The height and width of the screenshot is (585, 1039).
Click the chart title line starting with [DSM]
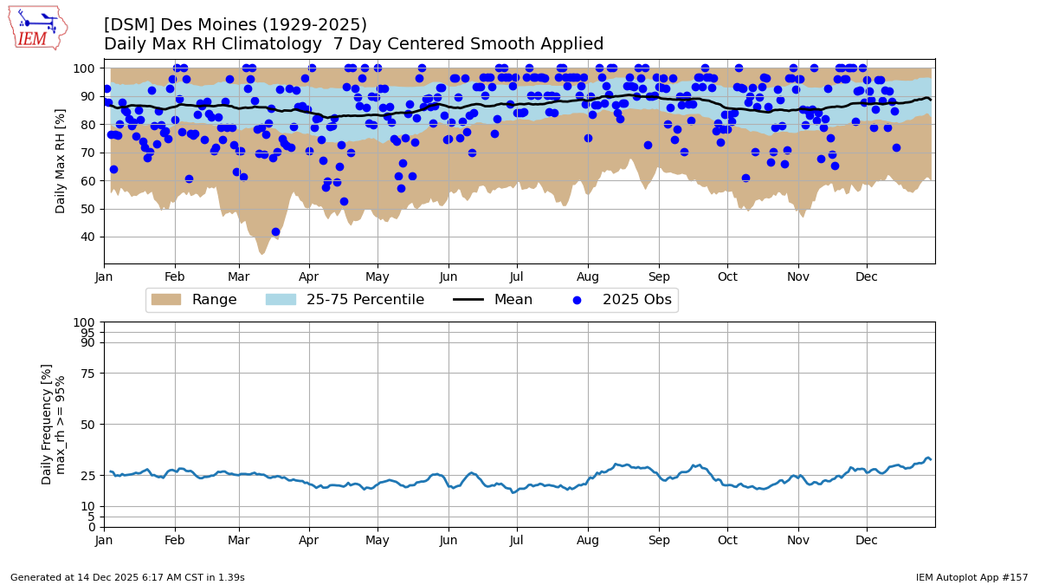(236, 25)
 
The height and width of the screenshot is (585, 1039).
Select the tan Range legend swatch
(165, 300)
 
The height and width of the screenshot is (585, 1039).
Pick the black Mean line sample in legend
(468, 300)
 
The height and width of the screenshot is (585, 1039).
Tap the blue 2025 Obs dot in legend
(577, 300)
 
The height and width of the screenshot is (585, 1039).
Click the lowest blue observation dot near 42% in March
(275, 231)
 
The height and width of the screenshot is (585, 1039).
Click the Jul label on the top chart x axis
(516, 277)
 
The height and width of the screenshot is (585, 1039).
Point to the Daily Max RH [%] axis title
(61, 161)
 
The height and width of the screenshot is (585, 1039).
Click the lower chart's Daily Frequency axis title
(54, 424)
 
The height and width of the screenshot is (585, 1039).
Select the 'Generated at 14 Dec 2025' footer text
(127, 577)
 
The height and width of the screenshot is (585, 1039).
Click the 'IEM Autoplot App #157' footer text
(971, 577)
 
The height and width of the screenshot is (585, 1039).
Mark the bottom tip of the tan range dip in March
(261, 253)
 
